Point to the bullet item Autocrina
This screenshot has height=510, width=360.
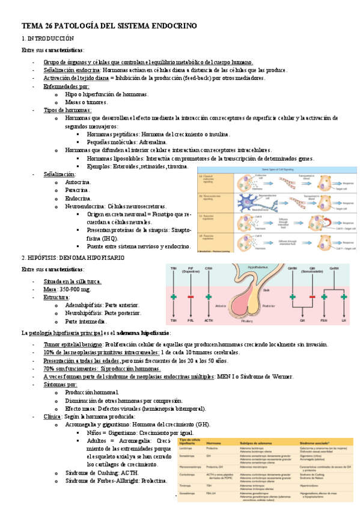pos(78,182)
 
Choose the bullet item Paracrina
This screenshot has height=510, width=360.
pos(78,189)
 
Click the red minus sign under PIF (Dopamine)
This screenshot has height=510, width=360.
pos(191,296)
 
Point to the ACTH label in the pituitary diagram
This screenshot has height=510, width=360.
pos(209,321)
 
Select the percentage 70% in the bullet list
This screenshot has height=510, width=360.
pos(50,368)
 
